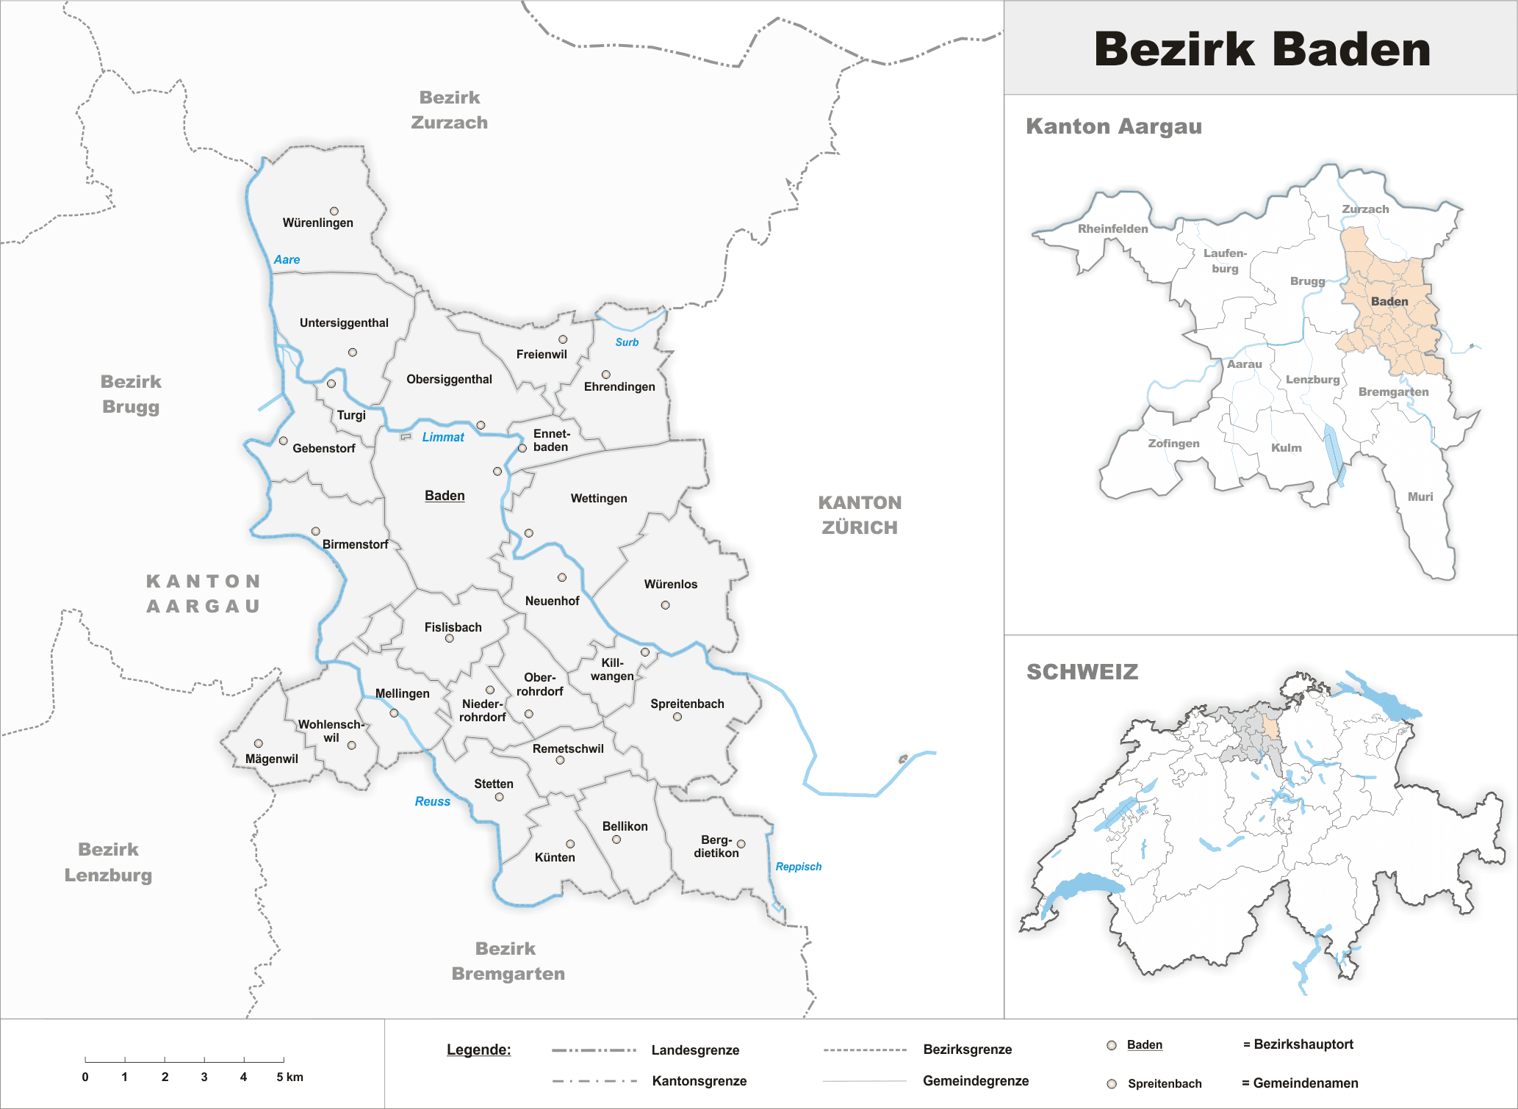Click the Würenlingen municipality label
[x=317, y=223]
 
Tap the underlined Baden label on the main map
[x=445, y=496]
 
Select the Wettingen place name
[x=599, y=498]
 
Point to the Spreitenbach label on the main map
[x=687, y=704]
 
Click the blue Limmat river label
[x=443, y=437]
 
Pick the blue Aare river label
[x=287, y=259]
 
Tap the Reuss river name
[x=432, y=801]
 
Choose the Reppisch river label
[x=798, y=867]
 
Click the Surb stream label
[x=627, y=342]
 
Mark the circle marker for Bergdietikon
[x=741, y=844]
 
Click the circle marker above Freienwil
[x=563, y=339]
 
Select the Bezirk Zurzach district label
[x=449, y=110]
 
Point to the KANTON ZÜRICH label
[x=860, y=515]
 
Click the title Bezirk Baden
[x=1262, y=49]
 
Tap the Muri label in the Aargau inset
[x=1420, y=496]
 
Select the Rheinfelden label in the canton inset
[x=1112, y=228]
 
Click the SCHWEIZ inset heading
[x=1082, y=672]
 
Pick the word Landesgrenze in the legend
[x=695, y=1050]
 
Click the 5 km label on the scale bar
[x=289, y=1077]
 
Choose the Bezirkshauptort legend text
[x=1303, y=1044]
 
